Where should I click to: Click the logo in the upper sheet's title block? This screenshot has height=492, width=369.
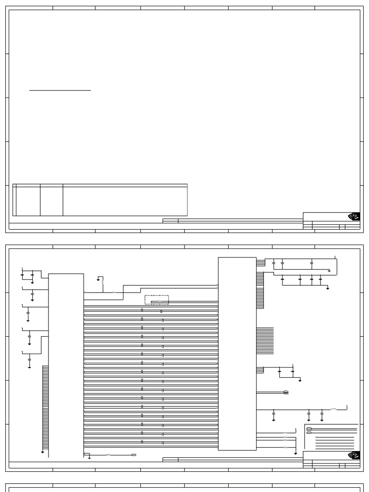pos(354,217)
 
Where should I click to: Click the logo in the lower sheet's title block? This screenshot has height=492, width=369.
pos(354,455)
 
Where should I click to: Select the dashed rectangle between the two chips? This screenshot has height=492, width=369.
pos(157,300)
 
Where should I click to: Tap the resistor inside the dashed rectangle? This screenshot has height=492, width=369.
pos(159,302)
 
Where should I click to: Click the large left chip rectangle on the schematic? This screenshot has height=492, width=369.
pos(66,365)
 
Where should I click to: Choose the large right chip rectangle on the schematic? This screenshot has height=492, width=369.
pos(237,354)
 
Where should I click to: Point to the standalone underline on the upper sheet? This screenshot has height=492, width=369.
pos(60,90)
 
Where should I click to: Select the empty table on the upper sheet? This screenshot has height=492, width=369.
pos(100,199)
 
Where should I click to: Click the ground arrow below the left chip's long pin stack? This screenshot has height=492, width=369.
pos(42,452)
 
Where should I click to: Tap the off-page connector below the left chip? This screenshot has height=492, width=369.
pos(134,455)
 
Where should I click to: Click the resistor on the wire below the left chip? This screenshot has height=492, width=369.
pos(108,455)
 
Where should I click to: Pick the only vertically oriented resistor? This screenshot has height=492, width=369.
pos(102,283)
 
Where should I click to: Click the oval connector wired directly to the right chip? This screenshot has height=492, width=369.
pos(286,393)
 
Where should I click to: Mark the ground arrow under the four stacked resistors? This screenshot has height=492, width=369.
pos(295,453)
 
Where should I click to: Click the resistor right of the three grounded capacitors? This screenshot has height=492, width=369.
pos(334,409)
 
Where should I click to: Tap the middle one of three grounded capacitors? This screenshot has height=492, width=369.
pos(308,413)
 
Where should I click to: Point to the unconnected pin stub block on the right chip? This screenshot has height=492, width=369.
pos(265,341)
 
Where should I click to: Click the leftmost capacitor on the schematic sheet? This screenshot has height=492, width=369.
pos(22,275)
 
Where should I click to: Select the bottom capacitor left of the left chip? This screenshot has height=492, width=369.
pos(29,359)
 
